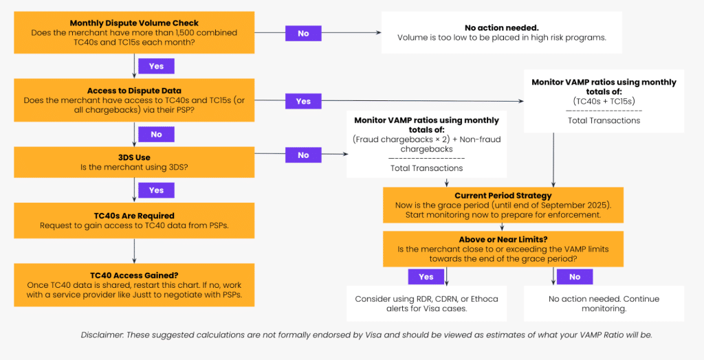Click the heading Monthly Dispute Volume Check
click(134, 23)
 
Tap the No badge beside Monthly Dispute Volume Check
click(303, 33)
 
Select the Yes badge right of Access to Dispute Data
click(303, 101)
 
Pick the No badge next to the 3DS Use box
click(303, 155)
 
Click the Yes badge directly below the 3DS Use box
click(156, 190)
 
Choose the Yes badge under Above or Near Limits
click(426, 276)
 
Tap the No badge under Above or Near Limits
click(575, 276)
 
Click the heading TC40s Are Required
click(134, 216)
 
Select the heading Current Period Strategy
click(503, 195)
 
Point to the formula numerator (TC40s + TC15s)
click(604, 100)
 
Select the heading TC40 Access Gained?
click(134, 275)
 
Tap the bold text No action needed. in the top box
click(501, 28)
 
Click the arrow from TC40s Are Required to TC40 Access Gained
click(134, 251)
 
